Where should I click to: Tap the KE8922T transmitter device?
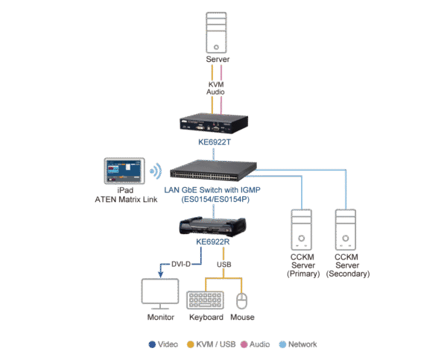coord(215,123)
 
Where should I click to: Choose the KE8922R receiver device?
coord(215,224)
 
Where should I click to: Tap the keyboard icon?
coord(205,299)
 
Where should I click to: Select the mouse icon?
coord(241,300)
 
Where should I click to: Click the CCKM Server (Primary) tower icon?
coord(302,230)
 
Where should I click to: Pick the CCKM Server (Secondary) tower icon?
coord(347,230)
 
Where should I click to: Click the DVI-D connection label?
coord(183,264)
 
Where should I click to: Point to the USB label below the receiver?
coord(223,264)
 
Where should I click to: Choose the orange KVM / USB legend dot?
coord(191,344)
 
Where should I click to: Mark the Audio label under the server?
coord(215,92)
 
